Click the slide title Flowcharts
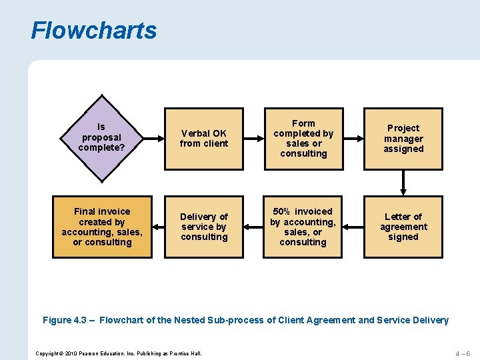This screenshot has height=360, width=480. coord(94,31)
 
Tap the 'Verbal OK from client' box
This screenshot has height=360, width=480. coord(204,139)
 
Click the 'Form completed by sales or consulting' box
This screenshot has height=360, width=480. coord(303,139)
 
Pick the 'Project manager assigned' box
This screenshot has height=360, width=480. coord(403,139)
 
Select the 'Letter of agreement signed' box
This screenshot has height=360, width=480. coord(403,227)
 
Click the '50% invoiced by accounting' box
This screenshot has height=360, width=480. coord(303,227)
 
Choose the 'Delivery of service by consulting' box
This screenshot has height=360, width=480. coord(204,227)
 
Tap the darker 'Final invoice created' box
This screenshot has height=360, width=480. coord(102,227)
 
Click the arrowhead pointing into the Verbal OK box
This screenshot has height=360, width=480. coord(160,139)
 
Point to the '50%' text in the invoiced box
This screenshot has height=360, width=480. coord(281,211)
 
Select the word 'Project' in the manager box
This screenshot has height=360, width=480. coord(403,128)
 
